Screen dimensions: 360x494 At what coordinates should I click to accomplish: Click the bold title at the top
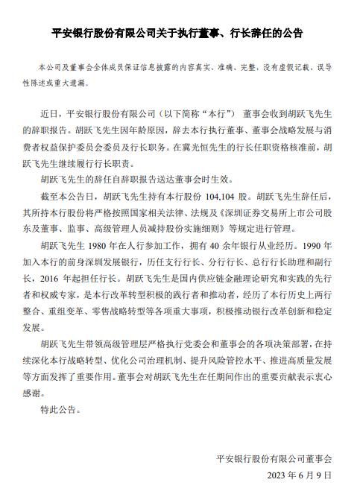[180, 34]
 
